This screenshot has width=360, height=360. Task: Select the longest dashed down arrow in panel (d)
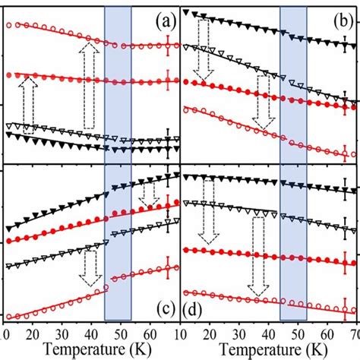coord(260,266)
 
